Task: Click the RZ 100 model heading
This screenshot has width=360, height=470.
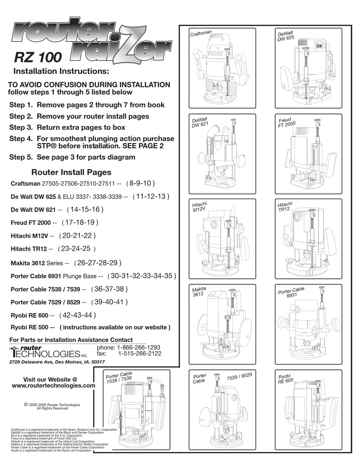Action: click(37, 57)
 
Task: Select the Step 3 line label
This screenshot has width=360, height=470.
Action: click(22, 128)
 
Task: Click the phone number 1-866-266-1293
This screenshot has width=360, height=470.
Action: click(139, 347)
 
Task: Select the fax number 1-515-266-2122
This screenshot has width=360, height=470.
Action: click(139, 353)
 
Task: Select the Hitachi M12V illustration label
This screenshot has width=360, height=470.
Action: click(200, 208)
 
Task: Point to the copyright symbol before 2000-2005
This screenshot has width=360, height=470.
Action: click(26, 404)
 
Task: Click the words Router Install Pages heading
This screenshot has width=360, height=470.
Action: click(71, 172)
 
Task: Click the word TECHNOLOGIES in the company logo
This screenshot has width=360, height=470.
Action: click(45, 354)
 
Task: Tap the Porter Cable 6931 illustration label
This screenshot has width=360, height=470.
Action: click(291, 292)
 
